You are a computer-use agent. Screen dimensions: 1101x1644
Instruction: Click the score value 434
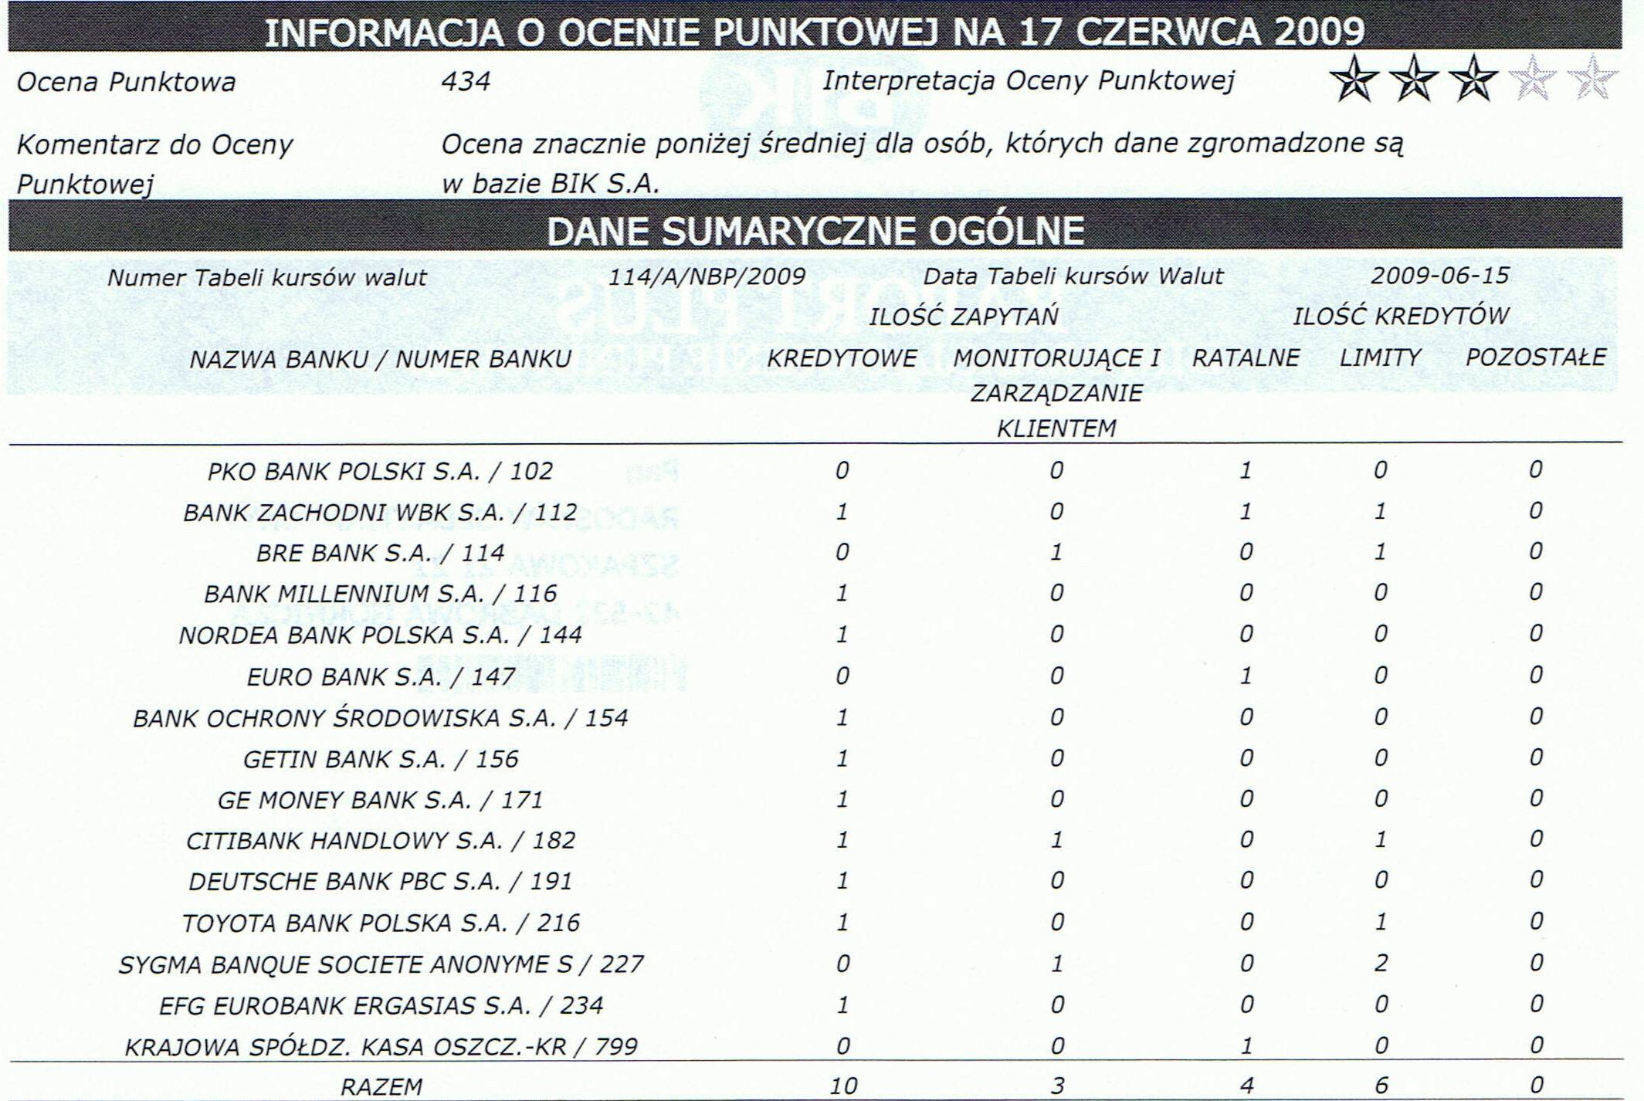[x=466, y=81]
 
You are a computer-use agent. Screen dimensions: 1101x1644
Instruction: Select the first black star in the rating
[x=1353, y=79]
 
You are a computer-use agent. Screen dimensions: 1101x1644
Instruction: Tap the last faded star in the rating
[x=1591, y=79]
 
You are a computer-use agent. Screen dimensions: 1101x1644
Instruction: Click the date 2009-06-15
[x=1439, y=276]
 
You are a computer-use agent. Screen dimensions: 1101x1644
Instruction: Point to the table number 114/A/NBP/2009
[x=707, y=276]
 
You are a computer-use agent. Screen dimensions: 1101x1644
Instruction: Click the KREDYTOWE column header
[x=842, y=358]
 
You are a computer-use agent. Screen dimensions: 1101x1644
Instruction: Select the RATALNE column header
[x=1246, y=357]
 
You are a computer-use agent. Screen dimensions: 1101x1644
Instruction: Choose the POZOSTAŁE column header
[x=1535, y=357]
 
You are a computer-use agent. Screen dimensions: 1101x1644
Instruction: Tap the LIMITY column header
[x=1380, y=357]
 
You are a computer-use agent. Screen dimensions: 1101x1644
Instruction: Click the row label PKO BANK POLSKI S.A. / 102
[x=380, y=471]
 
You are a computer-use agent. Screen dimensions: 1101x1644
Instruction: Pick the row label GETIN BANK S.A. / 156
[x=380, y=759]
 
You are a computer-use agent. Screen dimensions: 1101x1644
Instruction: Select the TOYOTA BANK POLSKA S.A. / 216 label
[x=380, y=923]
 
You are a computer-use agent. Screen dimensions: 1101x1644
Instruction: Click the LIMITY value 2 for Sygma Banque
[x=1381, y=963]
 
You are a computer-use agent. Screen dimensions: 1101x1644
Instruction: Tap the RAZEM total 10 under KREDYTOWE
[x=843, y=1086]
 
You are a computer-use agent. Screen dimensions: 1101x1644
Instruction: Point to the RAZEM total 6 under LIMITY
[x=1381, y=1086]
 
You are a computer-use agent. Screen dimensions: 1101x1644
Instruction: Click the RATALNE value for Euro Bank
[x=1246, y=676]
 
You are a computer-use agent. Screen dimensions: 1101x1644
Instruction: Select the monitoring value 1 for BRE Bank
[x=1056, y=552]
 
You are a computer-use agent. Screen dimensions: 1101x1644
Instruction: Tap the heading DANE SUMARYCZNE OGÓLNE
[x=815, y=231]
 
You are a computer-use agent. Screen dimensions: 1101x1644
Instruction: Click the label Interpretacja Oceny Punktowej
[x=1028, y=80]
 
